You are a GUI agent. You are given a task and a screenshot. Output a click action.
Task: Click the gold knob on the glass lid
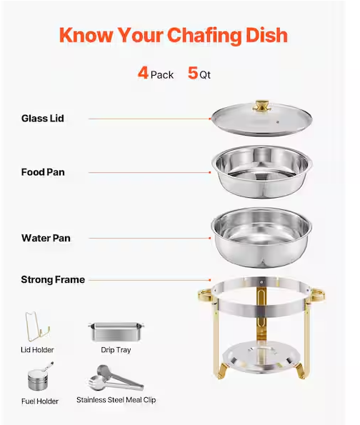click(x=261, y=106)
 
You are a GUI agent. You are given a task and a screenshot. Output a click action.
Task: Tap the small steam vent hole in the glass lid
click(x=278, y=122)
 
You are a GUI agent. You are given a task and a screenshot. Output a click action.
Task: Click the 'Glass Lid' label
click(x=43, y=119)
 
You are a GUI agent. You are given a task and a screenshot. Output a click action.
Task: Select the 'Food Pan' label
click(x=43, y=172)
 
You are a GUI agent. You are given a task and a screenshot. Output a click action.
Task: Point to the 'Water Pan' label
click(x=46, y=238)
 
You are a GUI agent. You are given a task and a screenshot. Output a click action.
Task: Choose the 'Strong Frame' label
click(x=53, y=279)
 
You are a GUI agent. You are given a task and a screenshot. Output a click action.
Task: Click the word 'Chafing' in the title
click(x=204, y=36)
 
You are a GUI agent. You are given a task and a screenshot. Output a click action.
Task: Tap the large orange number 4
click(x=143, y=73)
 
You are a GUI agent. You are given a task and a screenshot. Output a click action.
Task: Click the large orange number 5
click(x=193, y=73)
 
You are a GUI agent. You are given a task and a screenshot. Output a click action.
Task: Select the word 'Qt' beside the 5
click(x=205, y=75)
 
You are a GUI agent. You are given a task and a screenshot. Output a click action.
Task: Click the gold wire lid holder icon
click(x=37, y=326)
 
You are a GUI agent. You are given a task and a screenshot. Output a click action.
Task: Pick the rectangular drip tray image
click(x=116, y=331)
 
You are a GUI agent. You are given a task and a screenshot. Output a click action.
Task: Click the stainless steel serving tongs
click(x=116, y=378)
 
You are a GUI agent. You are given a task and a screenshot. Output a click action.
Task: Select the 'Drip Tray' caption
click(x=116, y=350)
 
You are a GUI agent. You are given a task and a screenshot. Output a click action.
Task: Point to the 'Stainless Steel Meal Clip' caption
click(x=116, y=400)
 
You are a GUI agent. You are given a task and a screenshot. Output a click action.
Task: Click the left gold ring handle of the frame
click(x=205, y=295)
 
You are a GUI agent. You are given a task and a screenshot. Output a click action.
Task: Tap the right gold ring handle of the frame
click(x=317, y=295)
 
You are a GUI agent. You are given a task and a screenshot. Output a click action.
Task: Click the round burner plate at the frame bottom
click(x=261, y=356)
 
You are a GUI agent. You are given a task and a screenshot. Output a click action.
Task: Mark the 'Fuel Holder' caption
click(x=40, y=401)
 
